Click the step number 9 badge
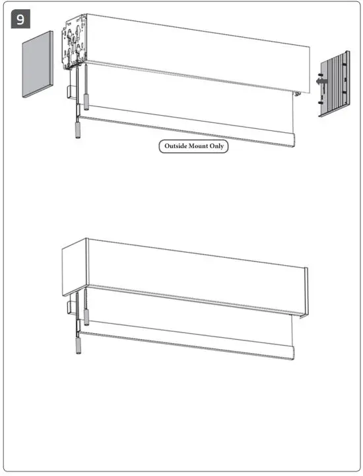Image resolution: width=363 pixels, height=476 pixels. click(x=20, y=19)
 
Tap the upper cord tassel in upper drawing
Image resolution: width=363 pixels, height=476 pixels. click(x=86, y=101)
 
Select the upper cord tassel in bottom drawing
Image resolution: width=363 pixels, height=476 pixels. click(x=86, y=318)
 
